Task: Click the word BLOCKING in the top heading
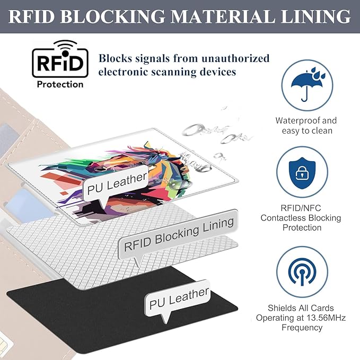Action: click(112, 16)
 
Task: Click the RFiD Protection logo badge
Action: click(60, 64)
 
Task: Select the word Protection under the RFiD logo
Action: click(60, 84)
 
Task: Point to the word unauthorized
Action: click(235, 58)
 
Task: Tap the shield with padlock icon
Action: click(302, 173)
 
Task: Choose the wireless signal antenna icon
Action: click(302, 271)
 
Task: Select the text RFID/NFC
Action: click(301, 208)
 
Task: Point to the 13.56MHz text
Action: click(326, 318)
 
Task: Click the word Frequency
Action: click(302, 328)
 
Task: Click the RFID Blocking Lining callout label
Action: click(178, 235)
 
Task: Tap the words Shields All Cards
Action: click(301, 308)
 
